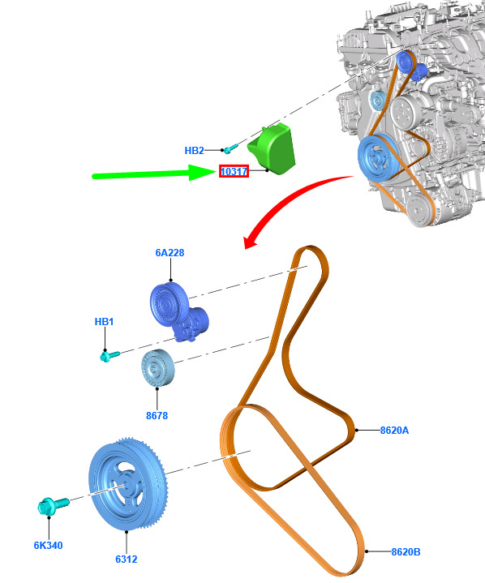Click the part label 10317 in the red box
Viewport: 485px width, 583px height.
[234, 171]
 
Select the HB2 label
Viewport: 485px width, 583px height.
[194, 151]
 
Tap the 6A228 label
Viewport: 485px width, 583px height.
[170, 253]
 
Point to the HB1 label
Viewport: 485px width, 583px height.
[104, 322]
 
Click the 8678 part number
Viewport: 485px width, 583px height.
[157, 415]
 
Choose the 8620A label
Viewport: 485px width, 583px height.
[394, 431]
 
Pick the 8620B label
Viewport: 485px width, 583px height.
[406, 551]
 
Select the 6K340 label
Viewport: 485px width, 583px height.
[49, 546]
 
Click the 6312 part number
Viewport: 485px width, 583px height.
[126, 559]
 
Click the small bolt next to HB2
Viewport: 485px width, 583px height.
[230, 148]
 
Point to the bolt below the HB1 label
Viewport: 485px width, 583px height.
[109, 356]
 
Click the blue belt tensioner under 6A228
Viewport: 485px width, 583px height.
[178, 311]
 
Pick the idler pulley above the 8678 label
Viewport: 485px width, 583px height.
[157, 368]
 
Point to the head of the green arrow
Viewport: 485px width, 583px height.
[202, 173]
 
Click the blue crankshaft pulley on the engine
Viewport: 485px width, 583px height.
[379, 156]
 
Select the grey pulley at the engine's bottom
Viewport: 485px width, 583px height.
[418, 210]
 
